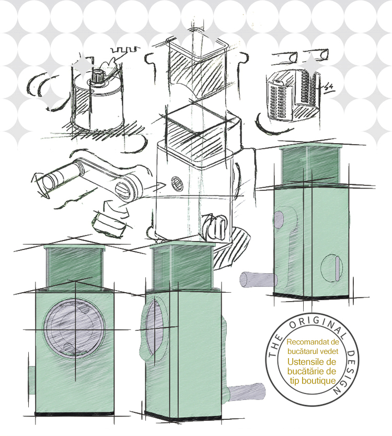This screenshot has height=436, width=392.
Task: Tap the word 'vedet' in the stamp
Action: [329, 351]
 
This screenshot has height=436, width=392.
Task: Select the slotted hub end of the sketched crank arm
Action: [123, 190]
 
